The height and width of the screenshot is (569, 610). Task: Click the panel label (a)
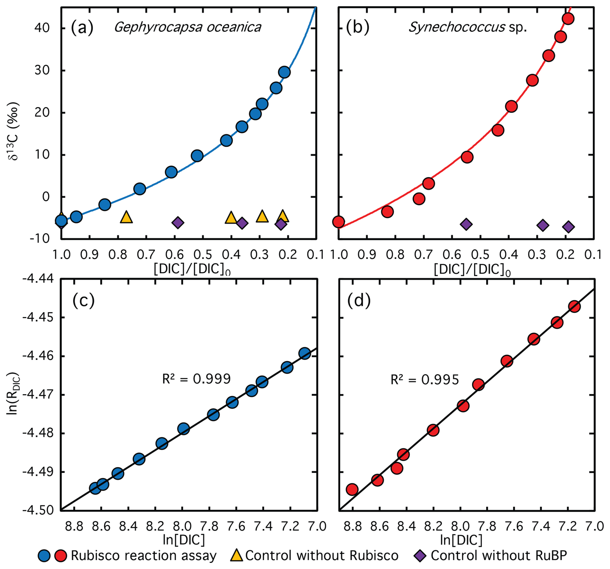(x=82, y=27)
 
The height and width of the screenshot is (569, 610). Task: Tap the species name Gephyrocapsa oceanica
(x=187, y=27)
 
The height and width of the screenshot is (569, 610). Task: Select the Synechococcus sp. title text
(x=467, y=27)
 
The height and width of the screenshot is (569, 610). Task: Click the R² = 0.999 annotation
(x=196, y=379)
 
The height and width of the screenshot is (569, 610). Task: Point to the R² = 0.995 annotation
(x=424, y=380)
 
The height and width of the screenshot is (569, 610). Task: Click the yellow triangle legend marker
(x=237, y=555)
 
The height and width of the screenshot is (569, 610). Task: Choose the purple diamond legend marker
(x=420, y=555)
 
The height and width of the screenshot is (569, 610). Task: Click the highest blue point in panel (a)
(x=284, y=72)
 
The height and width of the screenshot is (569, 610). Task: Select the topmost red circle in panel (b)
(x=568, y=19)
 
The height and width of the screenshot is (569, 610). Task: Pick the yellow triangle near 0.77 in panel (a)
(x=126, y=217)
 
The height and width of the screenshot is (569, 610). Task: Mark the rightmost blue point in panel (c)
(x=305, y=353)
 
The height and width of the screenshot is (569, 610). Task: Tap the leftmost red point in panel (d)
(x=352, y=489)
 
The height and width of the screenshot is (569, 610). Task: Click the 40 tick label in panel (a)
(x=42, y=28)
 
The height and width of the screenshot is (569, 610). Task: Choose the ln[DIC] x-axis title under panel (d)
(x=461, y=540)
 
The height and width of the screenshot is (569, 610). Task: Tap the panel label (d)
(x=359, y=301)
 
